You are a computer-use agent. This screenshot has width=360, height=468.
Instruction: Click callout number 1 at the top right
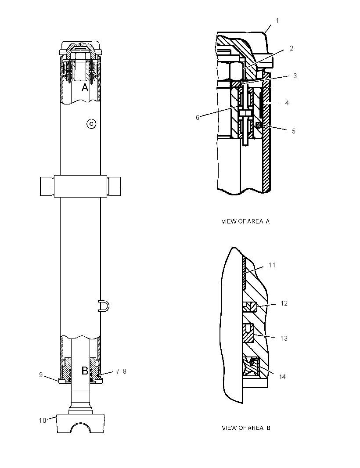click(x=277, y=21)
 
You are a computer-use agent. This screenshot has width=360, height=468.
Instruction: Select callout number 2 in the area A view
click(x=292, y=48)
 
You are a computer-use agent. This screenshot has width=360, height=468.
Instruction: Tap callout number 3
click(x=295, y=76)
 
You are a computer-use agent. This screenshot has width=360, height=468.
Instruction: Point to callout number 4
click(x=287, y=103)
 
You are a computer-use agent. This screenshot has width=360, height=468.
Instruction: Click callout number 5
click(x=293, y=131)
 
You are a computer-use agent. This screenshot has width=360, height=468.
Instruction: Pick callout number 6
click(x=197, y=118)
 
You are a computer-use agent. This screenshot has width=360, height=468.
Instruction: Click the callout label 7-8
click(x=121, y=371)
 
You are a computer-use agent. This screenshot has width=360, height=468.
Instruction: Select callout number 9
click(x=41, y=375)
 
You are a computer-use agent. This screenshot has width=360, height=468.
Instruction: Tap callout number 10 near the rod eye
click(x=43, y=420)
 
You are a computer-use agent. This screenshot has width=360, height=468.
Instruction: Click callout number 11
click(x=272, y=265)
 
